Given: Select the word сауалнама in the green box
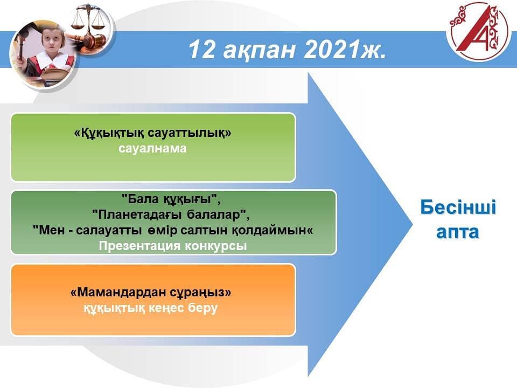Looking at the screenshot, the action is (x=152, y=149).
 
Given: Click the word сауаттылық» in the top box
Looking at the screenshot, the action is (x=189, y=133).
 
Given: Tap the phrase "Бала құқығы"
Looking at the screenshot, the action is (x=171, y=199).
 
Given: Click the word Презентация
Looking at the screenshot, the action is (x=140, y=246).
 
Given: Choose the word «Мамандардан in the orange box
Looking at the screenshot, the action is (x=118, y=292).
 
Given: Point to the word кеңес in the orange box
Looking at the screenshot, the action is (x=166, y=308).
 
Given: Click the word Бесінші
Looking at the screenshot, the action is (x=458, y=207).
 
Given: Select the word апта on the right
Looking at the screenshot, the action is (x=457, y=232).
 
